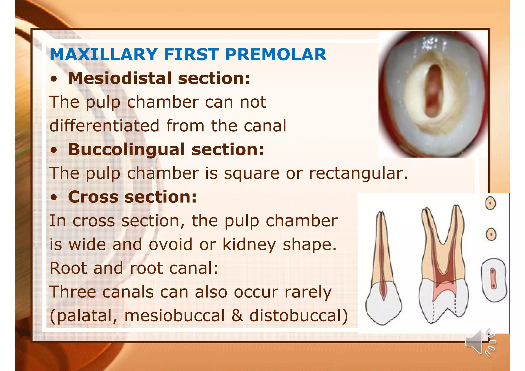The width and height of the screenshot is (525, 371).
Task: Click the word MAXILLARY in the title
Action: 104,55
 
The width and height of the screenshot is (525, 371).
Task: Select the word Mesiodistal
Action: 120,78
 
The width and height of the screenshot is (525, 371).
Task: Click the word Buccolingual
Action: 126,149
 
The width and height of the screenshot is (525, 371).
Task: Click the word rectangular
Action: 358,173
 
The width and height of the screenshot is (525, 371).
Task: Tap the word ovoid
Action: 170,244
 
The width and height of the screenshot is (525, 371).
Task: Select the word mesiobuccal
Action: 174,316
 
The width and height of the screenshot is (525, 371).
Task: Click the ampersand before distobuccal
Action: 237,316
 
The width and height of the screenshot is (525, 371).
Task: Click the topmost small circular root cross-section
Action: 490,203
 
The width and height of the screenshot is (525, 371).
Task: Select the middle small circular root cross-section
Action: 491,234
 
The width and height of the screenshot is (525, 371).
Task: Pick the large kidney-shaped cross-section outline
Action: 493,280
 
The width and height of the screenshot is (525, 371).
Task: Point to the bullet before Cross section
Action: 54,198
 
